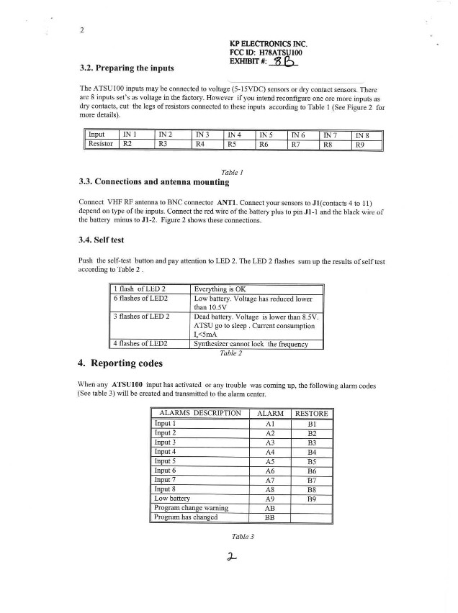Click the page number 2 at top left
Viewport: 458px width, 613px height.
[83, 29]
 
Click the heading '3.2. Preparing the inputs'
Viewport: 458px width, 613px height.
[126, 68]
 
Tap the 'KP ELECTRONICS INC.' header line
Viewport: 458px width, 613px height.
[268, 44]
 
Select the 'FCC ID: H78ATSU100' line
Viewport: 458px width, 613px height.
[266, 53]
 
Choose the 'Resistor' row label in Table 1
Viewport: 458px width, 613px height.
[102, 144]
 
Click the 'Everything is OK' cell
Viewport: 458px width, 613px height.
[220, 288]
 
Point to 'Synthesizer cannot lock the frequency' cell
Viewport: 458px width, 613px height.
[251, 344]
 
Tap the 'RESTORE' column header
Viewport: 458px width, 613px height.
[312, 414]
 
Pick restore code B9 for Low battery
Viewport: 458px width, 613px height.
[312, 498]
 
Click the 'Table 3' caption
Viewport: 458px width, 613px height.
[243, 537]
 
